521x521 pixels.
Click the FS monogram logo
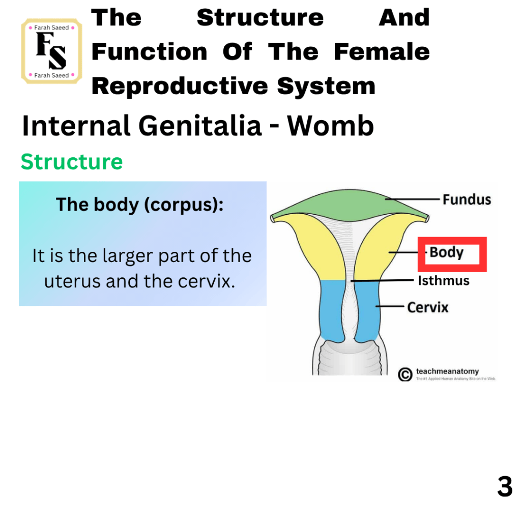[x=51, y=51]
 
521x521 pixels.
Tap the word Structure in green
[x=72, y=162]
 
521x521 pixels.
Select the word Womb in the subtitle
[x=331, y=126]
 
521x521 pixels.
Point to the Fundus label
[x=467, y=199]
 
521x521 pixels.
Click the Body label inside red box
[x=446, y=252]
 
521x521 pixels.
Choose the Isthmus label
[x=444, y=281]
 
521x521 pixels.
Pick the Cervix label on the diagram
[x=428, y=307]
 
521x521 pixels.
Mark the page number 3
[x=505, y=486]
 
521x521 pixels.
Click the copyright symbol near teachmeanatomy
[x=405, y=374]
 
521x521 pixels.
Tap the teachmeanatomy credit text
[x=447, y=371]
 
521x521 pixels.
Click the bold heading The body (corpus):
[x=139, y=205]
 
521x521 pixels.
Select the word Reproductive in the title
[x=180, y=86]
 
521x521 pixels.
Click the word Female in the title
[x=382, y=52]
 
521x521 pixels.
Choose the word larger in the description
[x=128, y=256]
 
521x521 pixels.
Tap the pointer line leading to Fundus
[x=413, y=199]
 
